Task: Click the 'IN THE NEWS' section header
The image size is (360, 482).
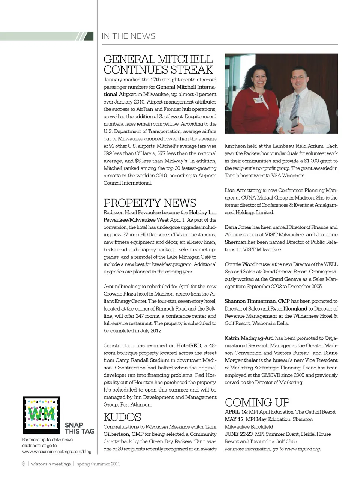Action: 128,36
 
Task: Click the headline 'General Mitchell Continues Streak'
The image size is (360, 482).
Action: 158,65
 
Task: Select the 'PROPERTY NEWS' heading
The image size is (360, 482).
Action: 150,203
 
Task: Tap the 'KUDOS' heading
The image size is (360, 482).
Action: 122,417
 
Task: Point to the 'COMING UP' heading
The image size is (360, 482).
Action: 257,402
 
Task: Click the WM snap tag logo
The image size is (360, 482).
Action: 41,415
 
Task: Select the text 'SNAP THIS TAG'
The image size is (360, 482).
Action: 79,428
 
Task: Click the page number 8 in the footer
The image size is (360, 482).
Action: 24,464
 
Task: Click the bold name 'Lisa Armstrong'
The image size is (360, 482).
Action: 243,190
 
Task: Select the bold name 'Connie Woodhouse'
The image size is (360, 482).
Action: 247,264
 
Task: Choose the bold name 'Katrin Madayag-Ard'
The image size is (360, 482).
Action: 249,338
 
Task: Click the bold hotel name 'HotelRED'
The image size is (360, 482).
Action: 189,345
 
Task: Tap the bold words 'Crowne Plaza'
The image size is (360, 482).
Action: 120,294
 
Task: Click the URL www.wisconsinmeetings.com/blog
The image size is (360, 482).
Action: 57,452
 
